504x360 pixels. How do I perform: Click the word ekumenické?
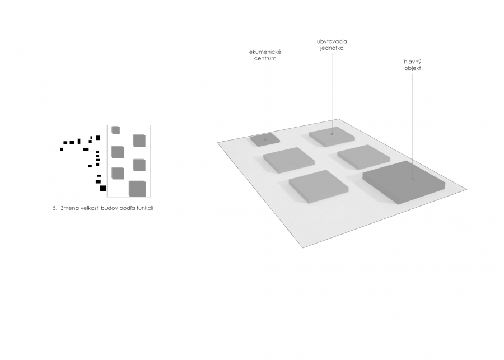click(265, 52)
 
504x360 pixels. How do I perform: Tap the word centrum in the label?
click(265, 58)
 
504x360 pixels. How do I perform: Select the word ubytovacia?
click(332, 42)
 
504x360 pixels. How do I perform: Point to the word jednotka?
click(332, 48)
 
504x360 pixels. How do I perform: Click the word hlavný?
click(413, 62)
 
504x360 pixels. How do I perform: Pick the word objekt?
click(413, 68)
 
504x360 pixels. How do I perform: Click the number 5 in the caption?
click(55, 208)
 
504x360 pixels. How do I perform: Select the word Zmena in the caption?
click(69, 208)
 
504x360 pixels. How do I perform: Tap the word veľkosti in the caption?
click(89, 208)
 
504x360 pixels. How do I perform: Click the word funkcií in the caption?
click(145, 208)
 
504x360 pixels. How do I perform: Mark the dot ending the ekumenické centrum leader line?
click(265, 139)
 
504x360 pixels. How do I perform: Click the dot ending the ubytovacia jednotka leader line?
click(332, 134)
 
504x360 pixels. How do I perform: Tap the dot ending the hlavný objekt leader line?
click(413, 179)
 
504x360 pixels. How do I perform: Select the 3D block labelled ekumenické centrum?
click(265, 139)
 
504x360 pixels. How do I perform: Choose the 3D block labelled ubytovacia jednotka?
click(332, 137)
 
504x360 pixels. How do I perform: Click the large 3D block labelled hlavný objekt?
click(404, 183)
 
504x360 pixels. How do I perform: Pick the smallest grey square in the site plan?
click(116, 130)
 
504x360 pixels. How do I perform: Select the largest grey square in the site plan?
click(137, 189)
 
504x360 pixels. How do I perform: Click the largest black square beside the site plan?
click(103, 188)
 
